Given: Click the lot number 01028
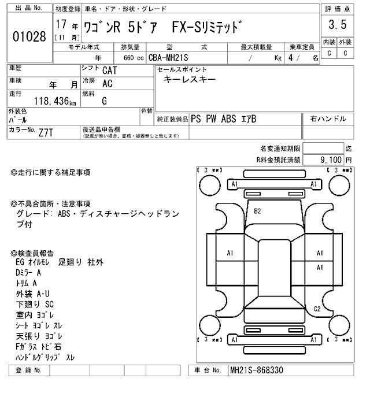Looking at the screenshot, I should tap(29, 37).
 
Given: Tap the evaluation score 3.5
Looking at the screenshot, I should tap(337, 25).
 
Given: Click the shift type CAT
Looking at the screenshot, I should tap(108, 71).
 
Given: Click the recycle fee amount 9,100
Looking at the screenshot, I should tap(331, 159).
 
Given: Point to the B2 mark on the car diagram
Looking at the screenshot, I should tap(258, 212).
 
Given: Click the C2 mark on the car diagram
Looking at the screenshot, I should tap(317, 309).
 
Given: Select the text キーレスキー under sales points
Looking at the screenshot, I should tap(190, 80).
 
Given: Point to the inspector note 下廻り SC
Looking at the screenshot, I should tap(35, 303).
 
